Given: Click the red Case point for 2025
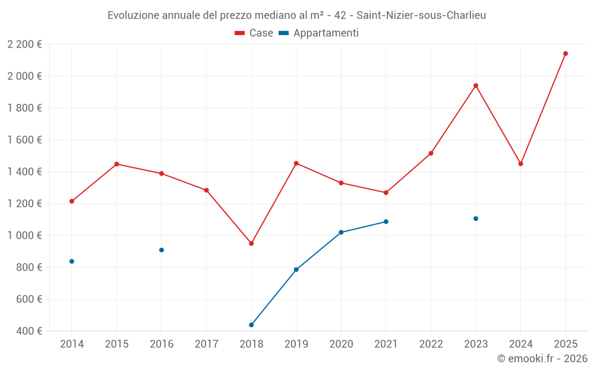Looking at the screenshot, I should point(565,53).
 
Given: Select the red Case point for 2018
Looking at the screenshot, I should point(251,243).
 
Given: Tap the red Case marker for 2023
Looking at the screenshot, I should point(476,85).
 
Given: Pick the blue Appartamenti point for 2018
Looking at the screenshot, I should point(251,325).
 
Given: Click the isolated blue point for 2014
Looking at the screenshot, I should point(72,261).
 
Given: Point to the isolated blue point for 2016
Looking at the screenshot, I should point(162,250).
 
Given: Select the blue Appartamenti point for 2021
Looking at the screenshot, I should point(386,221).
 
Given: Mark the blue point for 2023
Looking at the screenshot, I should point(476,218).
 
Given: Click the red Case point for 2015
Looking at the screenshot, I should point(116,164).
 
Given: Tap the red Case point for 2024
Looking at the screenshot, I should point(521,164).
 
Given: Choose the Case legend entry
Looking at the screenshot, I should point(254,33).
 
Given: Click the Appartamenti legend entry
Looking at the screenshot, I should point(319,33).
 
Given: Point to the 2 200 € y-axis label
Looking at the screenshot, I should point(25,45).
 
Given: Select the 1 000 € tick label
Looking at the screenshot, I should point(25,236).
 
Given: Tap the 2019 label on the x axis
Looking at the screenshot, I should point(296,344).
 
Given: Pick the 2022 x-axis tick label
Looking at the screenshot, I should point(431,344).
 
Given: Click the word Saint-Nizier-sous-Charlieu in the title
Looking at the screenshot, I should point(421,15).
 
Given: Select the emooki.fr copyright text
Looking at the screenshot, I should point(542,359).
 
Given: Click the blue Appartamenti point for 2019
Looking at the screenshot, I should point(296,269).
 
